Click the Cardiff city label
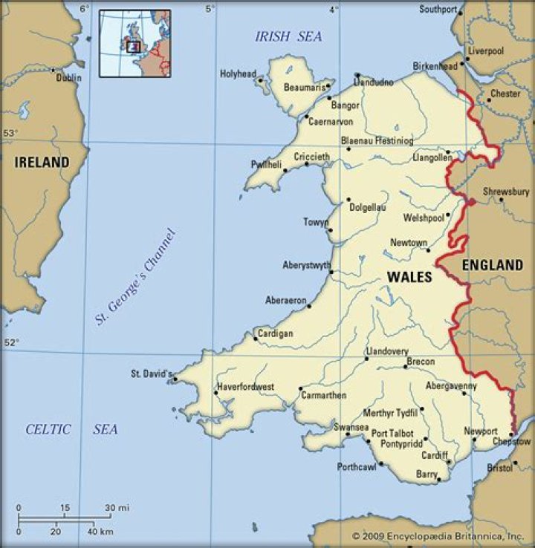[x=434, y=454]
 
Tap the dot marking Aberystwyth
[x=331, y=272]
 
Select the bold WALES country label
[x=409, y=276]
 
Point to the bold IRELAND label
[x=42, y=162]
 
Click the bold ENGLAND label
[x=493, y=265]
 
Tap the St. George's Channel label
[x=137, y=277]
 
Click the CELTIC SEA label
[x=71, y=429]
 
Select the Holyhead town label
[x=238, y=74]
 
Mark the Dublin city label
[x=68, y=77]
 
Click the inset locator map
[x=134, y=43]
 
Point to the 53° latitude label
[x=10, y=133]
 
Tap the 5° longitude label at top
[x=210, y=9]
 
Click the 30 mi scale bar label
[x=117, y=508]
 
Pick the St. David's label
[x=152, y=373]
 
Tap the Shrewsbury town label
[x=506, y=192]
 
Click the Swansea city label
[x=351, y=428]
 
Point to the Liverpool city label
[x=486, y=50]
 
